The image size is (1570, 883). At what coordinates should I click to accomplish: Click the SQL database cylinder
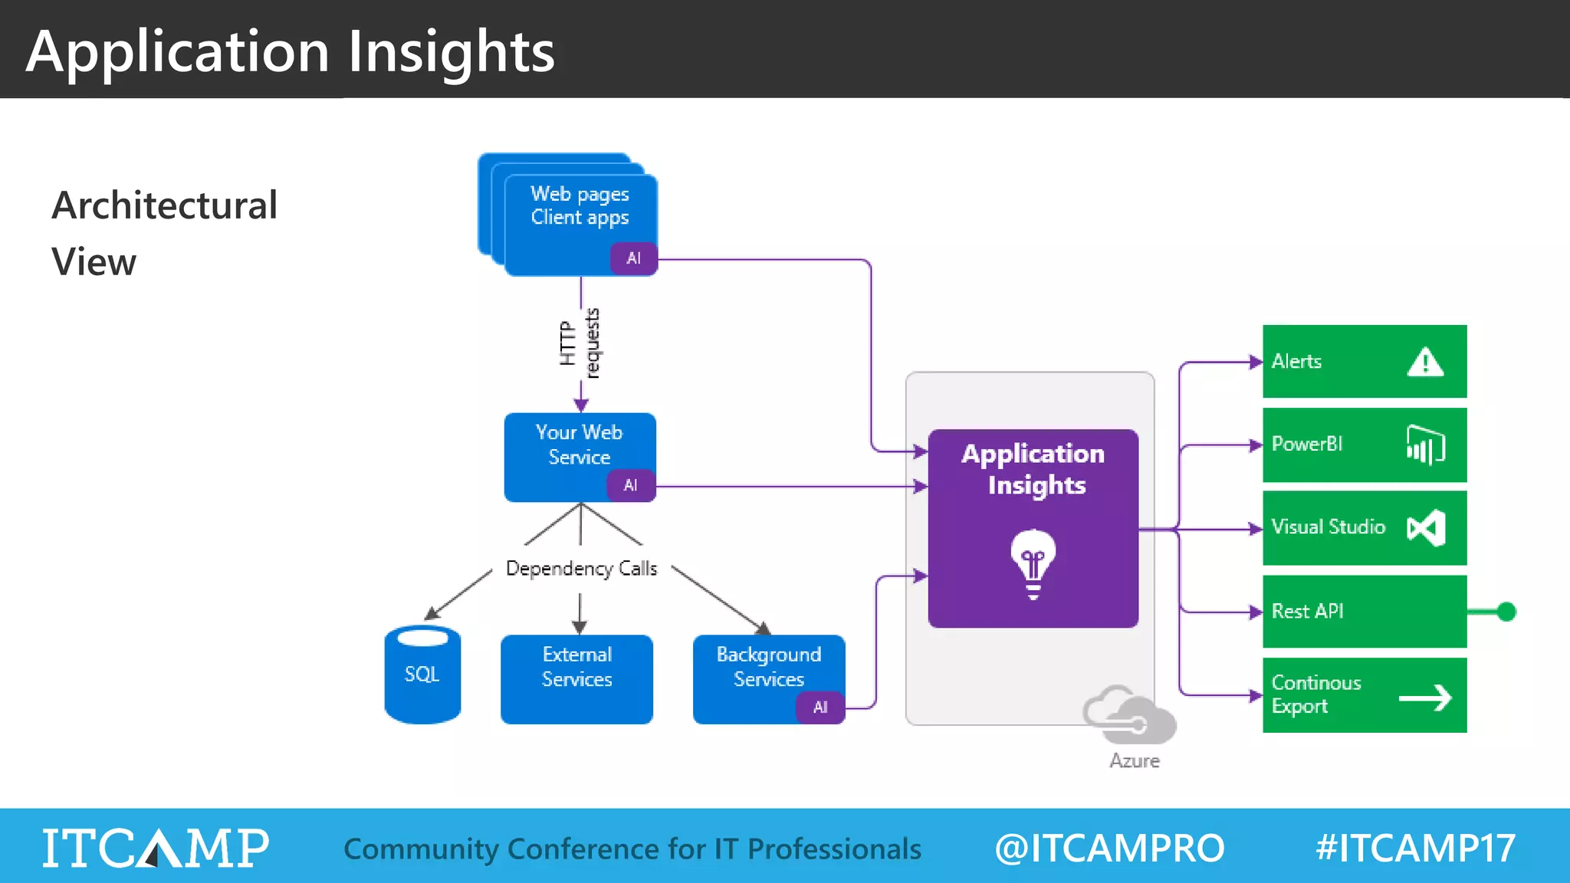tap(422, 675)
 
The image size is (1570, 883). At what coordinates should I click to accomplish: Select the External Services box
tap(576, 679)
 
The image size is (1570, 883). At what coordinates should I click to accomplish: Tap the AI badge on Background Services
tap(820, 707)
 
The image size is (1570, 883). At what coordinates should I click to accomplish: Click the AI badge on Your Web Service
tap(631, 485)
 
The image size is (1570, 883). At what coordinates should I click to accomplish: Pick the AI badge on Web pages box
tap(633, 258)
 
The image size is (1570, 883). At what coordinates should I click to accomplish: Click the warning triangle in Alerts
tap(1425, 362)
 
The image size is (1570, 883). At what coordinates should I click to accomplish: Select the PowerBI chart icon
tap(1425, 445)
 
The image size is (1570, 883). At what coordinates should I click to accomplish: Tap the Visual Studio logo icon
tap(1426, 528)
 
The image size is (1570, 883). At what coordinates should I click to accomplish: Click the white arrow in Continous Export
tap(1425, 698)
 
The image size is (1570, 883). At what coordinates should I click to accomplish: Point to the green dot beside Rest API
tap(1506, 612)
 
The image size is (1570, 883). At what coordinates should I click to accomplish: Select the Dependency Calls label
tap(581, 569)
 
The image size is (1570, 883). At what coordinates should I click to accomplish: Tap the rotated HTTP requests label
tap(580, 343)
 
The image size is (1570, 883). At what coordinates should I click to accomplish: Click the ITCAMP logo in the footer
tap(156, 848)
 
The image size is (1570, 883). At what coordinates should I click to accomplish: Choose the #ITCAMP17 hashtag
tap(1415, 848)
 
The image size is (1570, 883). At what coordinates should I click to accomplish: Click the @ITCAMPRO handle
tap(1109, 848)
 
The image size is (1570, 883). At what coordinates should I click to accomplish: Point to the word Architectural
tap(165, 205)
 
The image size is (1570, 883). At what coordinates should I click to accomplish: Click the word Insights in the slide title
tap(452, 52)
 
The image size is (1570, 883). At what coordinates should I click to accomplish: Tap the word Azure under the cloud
tap(1135, 761)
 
